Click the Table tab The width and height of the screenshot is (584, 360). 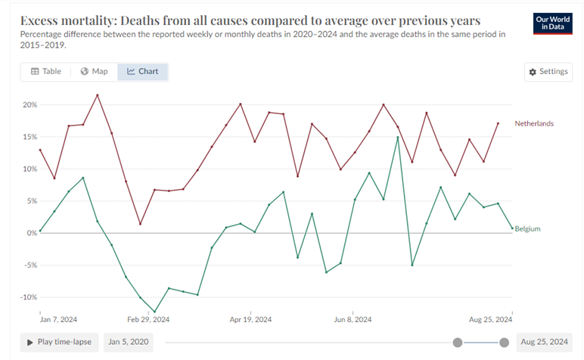click(45, 72)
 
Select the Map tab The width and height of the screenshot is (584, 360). click(95, 72)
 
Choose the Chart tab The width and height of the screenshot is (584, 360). click(143, 72)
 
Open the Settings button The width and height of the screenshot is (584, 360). click(548, 72)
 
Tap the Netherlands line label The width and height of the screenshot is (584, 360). click(534, 123)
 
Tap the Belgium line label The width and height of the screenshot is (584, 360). click(528, 228)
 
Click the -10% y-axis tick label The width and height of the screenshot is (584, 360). click(26, 296)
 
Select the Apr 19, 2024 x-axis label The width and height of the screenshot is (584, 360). click(251, 319)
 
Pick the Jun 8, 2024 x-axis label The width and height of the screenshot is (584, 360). click(354, 319)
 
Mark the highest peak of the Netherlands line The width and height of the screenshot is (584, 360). click(98, 95)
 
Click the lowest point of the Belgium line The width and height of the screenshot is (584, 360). click(154, 312)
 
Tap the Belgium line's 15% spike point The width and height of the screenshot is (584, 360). click(398, 137)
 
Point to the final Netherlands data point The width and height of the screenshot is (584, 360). click(498, 123)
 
